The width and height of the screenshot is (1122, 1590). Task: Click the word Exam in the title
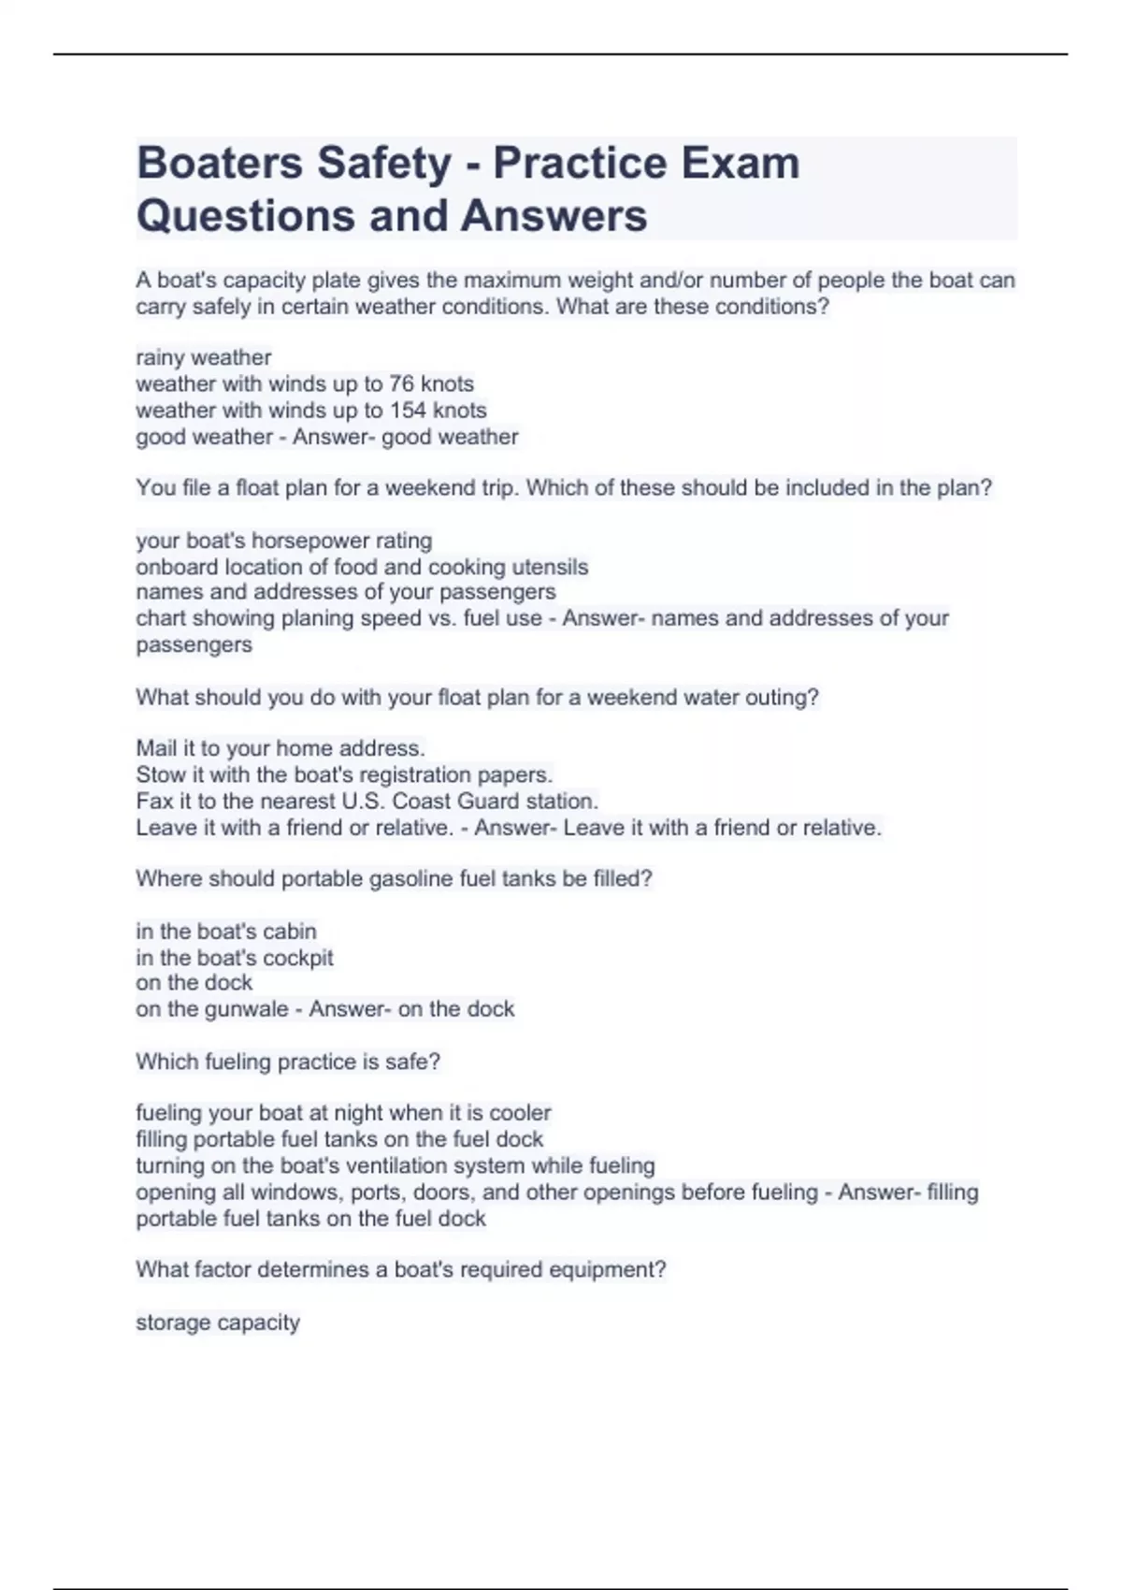click(740, 163)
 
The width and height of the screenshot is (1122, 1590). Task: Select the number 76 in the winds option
click(401, 383)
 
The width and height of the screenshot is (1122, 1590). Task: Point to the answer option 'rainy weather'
click(204, 357)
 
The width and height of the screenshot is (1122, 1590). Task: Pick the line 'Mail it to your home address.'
click(280, 748)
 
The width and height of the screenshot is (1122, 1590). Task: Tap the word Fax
click(154, 801)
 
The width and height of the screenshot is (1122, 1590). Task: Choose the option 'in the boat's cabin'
click(226, 932)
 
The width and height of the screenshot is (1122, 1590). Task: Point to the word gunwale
click(243, 1009)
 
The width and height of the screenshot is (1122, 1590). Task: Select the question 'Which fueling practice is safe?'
click(288, 1062)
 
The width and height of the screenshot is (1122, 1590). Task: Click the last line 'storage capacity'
click(218, 1323)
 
